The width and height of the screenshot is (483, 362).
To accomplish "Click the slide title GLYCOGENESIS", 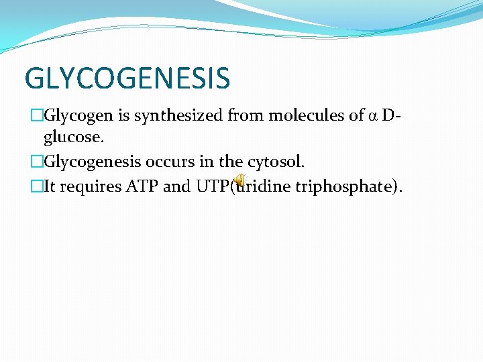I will click(x=127, y=78).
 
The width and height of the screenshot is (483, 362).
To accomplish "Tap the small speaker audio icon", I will click(x=239, y=180).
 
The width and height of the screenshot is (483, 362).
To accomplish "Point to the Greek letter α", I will click(x=374, y=116).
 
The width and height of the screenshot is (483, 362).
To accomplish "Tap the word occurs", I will click(x=168, y=162).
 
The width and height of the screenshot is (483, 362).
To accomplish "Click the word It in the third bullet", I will click(x=51, y=186).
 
